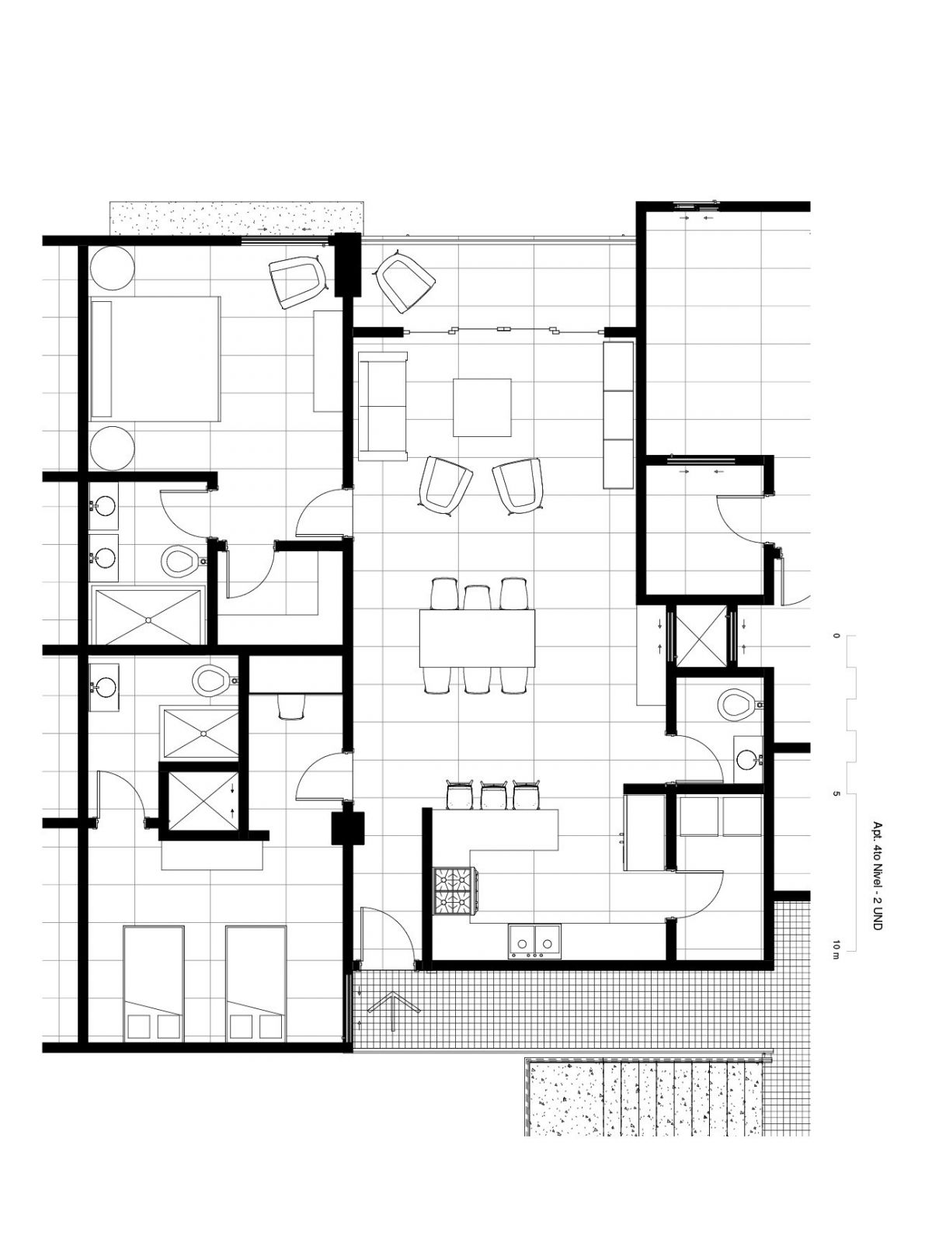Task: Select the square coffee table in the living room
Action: point(482,408)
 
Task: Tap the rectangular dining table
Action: point(477,638)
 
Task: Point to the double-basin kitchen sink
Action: point(534,941)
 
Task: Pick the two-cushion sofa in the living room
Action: point(383,406)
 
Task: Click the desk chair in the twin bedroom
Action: point(291,707)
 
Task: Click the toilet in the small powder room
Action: point(739,705)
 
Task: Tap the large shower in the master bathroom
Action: point(147,616)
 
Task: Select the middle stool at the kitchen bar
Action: point(494,794)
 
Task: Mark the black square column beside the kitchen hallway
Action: point(347,828)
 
